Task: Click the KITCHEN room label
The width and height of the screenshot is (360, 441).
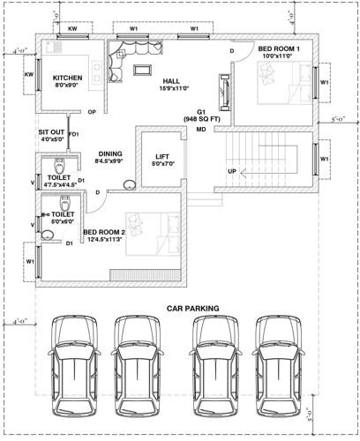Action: tap(67, 78)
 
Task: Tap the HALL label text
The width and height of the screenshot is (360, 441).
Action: tap(171, 80)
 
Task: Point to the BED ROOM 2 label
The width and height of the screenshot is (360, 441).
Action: tap(104, 232)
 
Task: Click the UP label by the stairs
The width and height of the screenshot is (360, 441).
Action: tap(232, 170)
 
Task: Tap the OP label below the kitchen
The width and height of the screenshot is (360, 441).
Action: tap(92, 112)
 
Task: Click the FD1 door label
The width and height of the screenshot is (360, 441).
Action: tap(74, 134)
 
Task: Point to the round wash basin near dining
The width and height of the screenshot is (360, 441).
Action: tap(129, 184)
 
